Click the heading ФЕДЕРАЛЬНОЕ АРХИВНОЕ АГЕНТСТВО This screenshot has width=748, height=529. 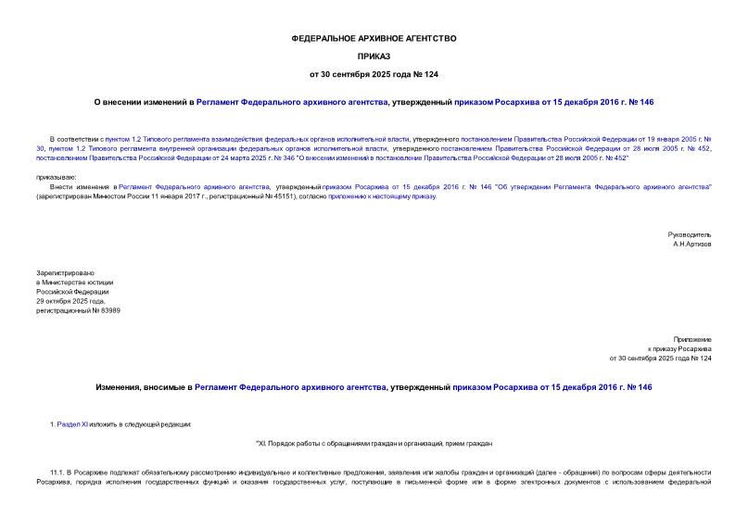click(x=374, y=38)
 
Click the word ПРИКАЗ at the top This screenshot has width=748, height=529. click(x=374, y=56)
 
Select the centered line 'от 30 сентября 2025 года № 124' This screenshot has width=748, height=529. click(x=374, y=73)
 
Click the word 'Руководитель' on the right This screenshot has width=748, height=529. click(x=690, y=234)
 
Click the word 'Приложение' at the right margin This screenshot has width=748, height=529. click(x=692, y=340)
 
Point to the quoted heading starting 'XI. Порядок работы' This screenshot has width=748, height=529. click(x=374, y=443)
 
